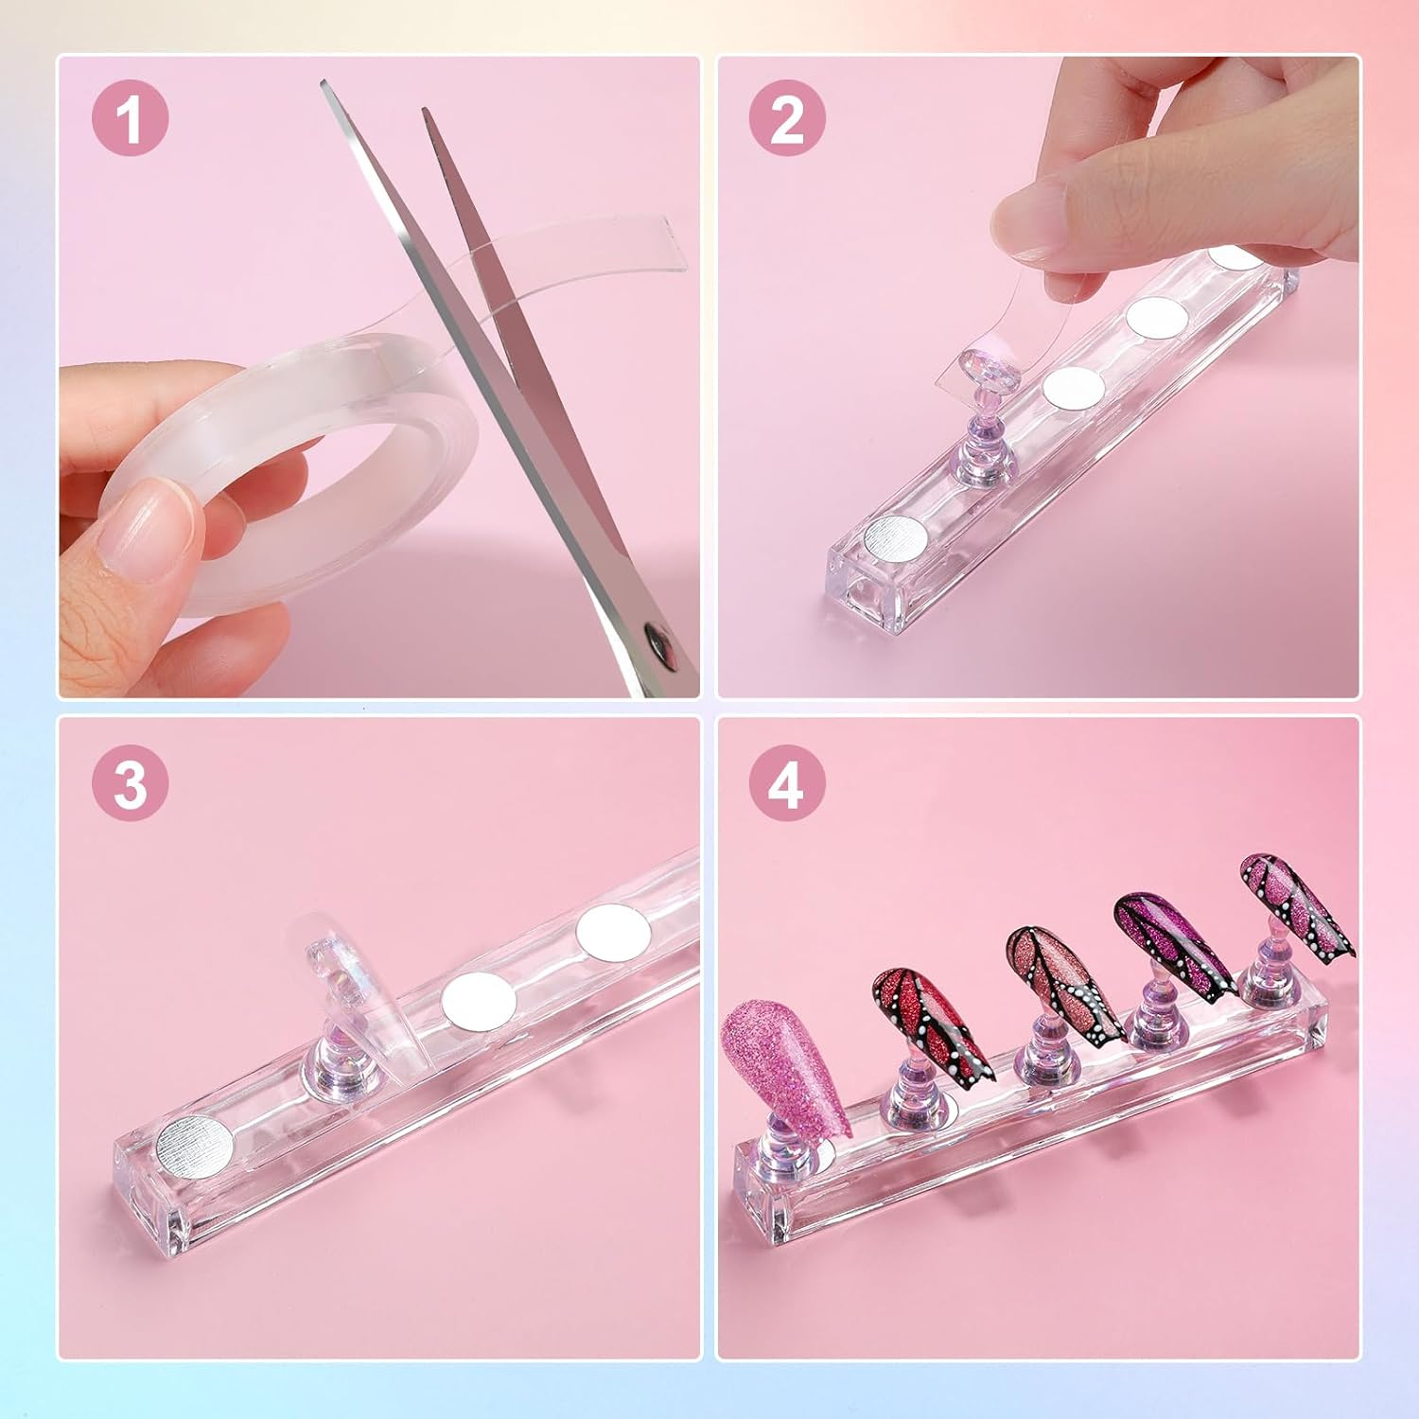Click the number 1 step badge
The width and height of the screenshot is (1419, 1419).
(x=130, y=120)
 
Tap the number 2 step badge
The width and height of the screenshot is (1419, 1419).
(x=787, y=120)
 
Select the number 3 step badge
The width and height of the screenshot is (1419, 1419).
(x=130, y=783)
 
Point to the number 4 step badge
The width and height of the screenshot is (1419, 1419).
(x=787, y=783)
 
